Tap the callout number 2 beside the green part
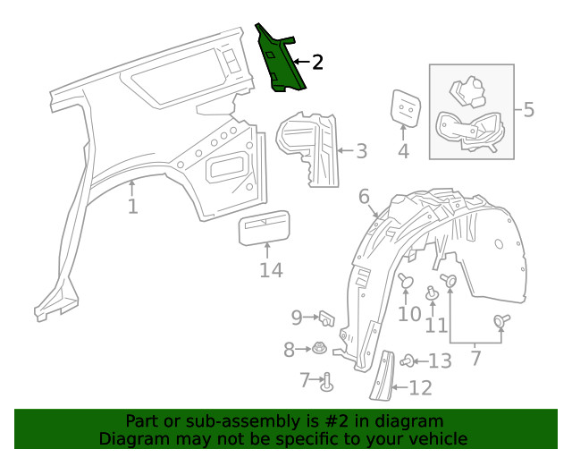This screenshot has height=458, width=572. point(316,62)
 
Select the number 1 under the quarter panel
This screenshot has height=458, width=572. point(132,208)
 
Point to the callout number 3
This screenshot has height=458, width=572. point(360,151)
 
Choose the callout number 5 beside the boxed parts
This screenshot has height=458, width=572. point(528,110)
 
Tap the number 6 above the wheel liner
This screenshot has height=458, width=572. point(365,196)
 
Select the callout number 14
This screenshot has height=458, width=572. point(270,270)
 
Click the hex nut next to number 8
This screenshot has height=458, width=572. point(319,349)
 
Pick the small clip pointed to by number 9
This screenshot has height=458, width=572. point(326,316)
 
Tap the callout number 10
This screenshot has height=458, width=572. point(408,314)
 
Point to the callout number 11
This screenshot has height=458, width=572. point(436,326)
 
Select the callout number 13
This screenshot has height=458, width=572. point(440,360)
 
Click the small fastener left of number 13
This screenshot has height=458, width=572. point(408,360)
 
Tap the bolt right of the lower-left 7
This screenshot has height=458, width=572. point(327,381)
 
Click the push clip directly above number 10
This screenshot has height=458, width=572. point(408,281)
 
